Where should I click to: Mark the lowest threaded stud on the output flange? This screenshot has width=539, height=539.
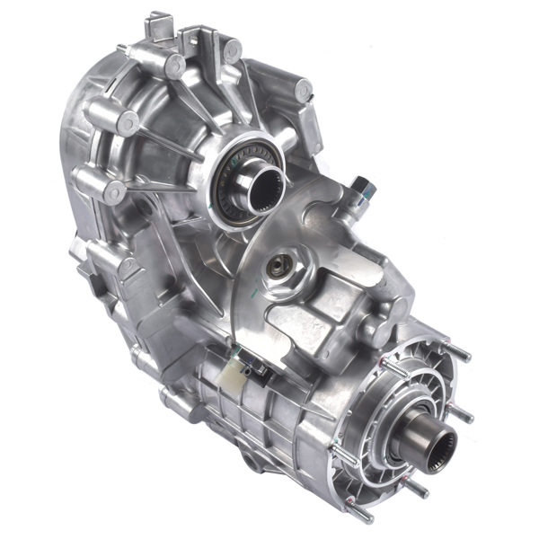[364, 515]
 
